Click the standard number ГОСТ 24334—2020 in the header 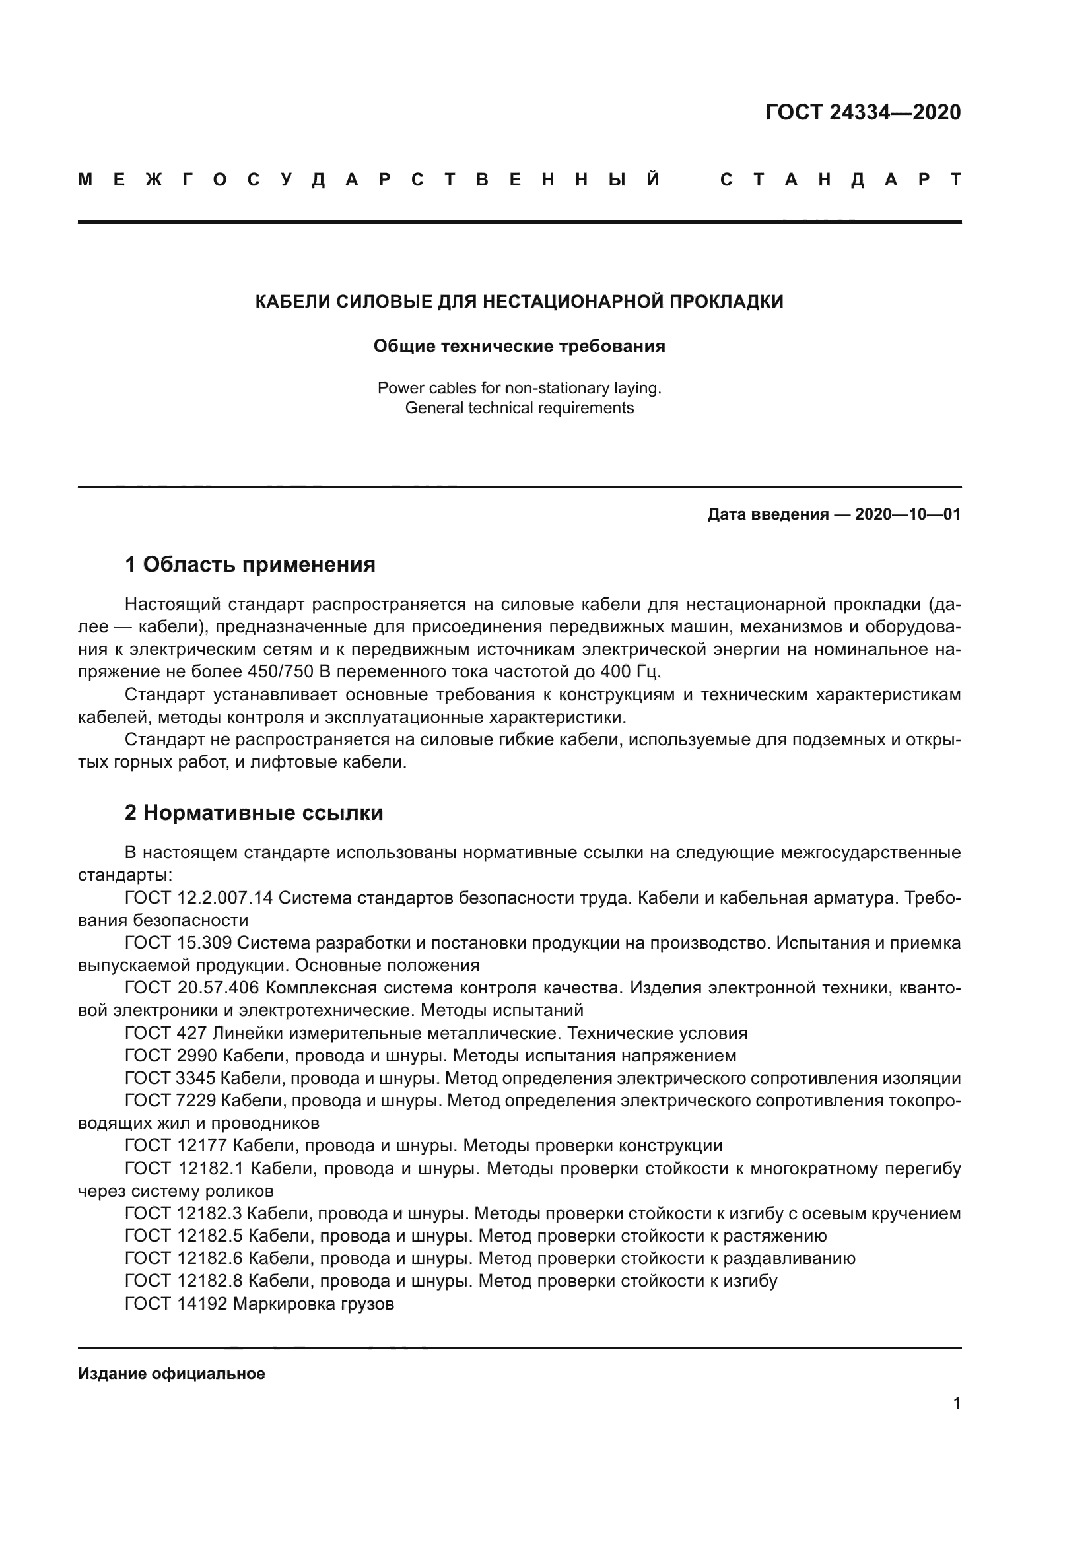[x=863, y=112]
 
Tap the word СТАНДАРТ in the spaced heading [x=840, y=180]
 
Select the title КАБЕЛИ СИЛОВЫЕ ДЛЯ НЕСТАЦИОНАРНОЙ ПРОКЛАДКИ [x=519, y=302]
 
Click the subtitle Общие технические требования [x=519, y=347]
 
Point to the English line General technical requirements [x=519, y=408]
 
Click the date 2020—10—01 [x=908, y=515]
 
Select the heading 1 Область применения [x=250, y=565]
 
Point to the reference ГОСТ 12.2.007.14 [x=199, y=898]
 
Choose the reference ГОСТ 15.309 [x=178, y=943]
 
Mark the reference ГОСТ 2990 [x=170, y=1056]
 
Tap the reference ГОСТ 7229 [x=170, y=1101]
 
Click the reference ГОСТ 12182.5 [x=184, y=1236]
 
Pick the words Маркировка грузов [x=314, y=1304]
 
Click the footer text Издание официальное [x=172, y=1374]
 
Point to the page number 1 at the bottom [x=957, y=1403]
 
